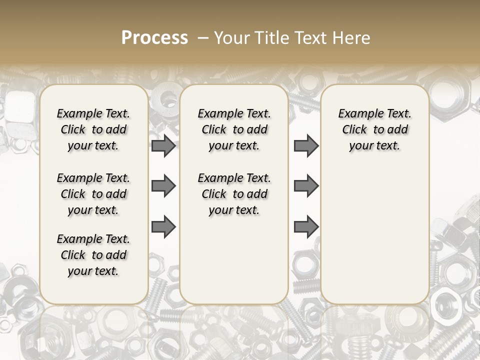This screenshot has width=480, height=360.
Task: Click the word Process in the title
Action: click(x=154, y=37)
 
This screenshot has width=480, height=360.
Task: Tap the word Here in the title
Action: click(x=351, y=38)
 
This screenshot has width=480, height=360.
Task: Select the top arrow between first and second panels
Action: click(x=163, y=146)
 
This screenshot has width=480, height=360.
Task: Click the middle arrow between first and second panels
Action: click(x=163, y=186)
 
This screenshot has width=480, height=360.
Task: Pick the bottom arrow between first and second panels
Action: click(x=163, y=227)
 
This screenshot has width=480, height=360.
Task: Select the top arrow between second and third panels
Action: click(x=306, y=146)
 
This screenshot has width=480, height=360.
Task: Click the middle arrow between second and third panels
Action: click(x=306, y=186)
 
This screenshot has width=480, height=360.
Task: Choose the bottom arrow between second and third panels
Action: click(x=306, y=227)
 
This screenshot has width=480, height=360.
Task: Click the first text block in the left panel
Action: click(x=93, y=129)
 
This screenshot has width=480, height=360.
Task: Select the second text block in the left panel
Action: click(x=93, y=194)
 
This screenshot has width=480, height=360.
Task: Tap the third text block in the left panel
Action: click(x=93, y=255)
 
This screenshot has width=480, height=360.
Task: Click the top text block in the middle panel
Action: click(x=234, y=129)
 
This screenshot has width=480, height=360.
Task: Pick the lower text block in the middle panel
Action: click(x=234, y=194)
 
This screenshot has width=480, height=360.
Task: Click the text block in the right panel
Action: click(x=375, y=129)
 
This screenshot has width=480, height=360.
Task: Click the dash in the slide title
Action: click(x=202, y=38)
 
